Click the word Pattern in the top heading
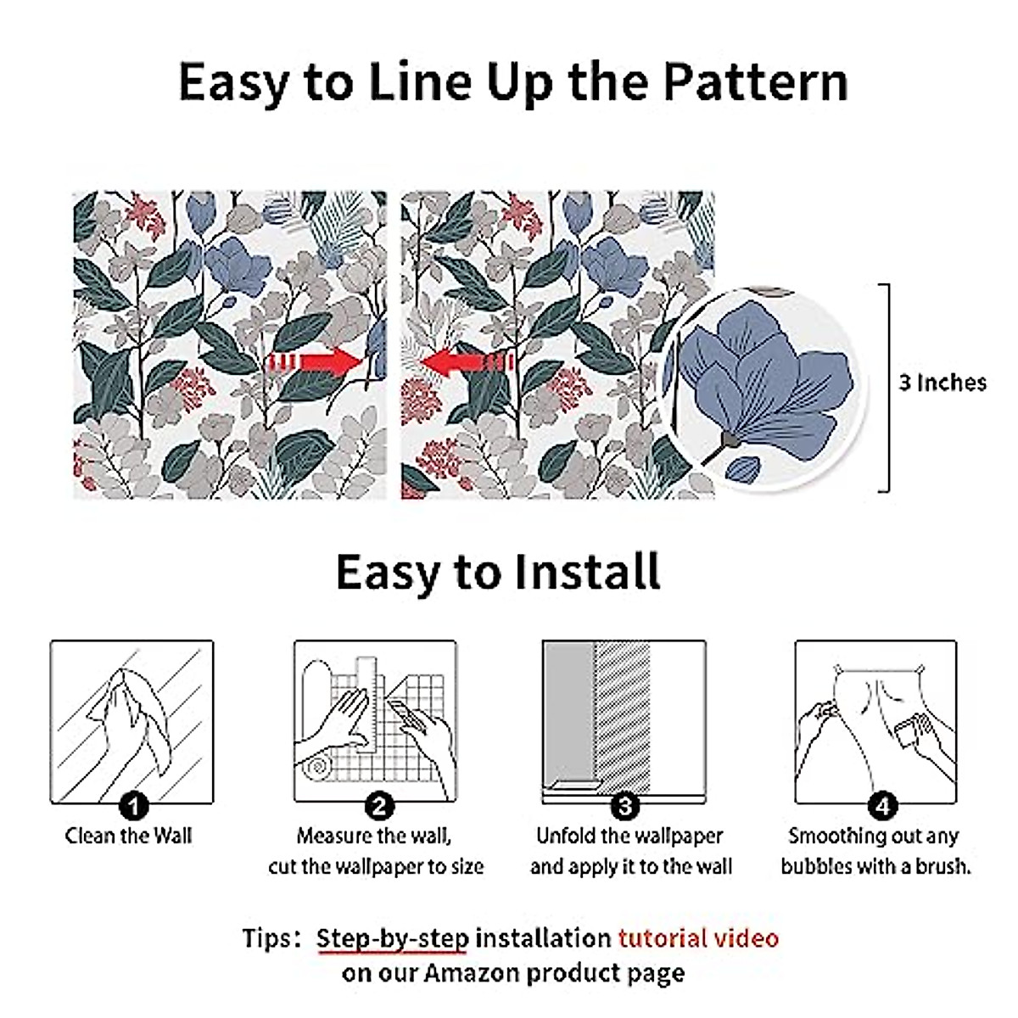point(755,82)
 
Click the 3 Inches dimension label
point(942,383)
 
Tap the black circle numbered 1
point(133,805)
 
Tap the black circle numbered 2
point(378,805)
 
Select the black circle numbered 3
point(624,805)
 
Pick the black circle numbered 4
point(882,805)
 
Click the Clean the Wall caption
point(129,836)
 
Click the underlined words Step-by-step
point(392,939)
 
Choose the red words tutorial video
point(697,938)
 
